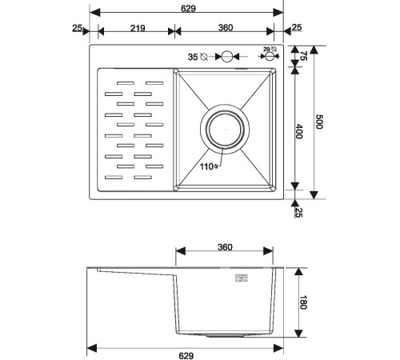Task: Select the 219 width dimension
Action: [135, 28]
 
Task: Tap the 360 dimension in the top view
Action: [224, 28]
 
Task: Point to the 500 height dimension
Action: [320, 122]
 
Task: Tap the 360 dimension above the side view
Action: [225, 247]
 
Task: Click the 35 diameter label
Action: [192, 57]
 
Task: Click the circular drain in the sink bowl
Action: [227, 128]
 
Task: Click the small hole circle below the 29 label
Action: [268, 58]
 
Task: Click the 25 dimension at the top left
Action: [77, 28]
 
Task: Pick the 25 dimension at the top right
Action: [297, 28]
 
